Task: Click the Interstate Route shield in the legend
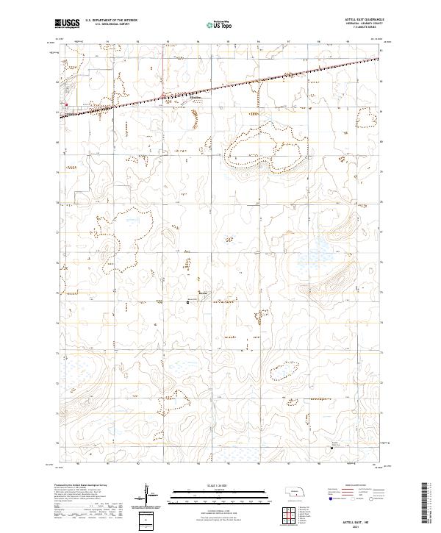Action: coord(341,498)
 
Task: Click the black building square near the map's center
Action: coord(187,300)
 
